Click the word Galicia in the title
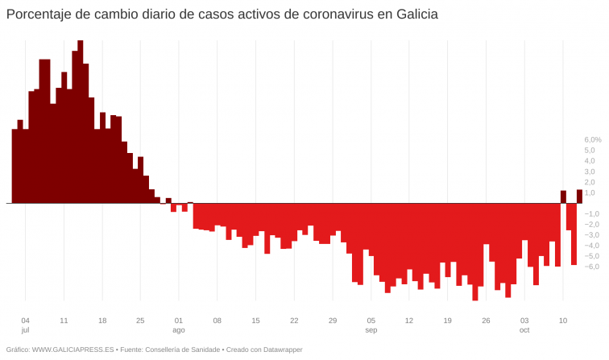[414, 15]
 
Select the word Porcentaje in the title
[38, 15]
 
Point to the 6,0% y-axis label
[592, 139]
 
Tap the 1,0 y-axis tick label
[590, 192]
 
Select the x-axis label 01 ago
[178, 325]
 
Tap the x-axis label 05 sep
[371, 325]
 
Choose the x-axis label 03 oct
[524, 325]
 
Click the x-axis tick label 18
[101, 320]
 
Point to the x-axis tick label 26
[486, 320]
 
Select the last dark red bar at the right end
[579, 197]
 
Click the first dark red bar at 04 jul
[14, 166]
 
